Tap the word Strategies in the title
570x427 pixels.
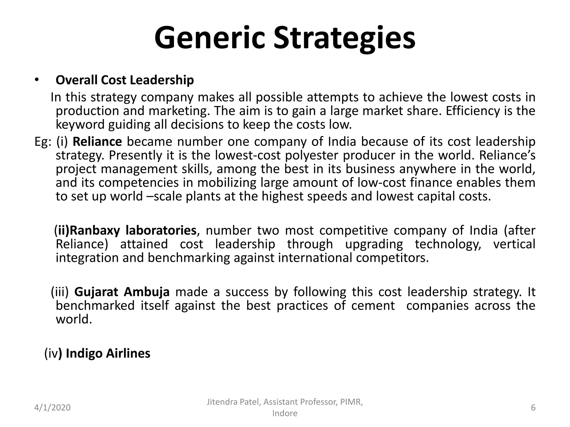click(344, 38)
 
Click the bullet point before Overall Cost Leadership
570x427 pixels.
click(37, 80)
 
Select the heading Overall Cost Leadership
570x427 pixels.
click(125, 80)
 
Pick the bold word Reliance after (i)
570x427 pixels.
click(97, 142)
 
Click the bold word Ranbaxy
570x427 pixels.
click(95, 230)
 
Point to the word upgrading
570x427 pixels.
click(374, 244)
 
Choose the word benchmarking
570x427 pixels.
click(189, 258)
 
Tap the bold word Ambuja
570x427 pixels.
click(147, 292)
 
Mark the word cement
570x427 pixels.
click(373, 306)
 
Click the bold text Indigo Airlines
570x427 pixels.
click(108, 354)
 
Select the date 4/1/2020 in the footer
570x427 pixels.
click(52, 408)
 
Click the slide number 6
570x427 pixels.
click(533, 408)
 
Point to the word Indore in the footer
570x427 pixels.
click(285, 413)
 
